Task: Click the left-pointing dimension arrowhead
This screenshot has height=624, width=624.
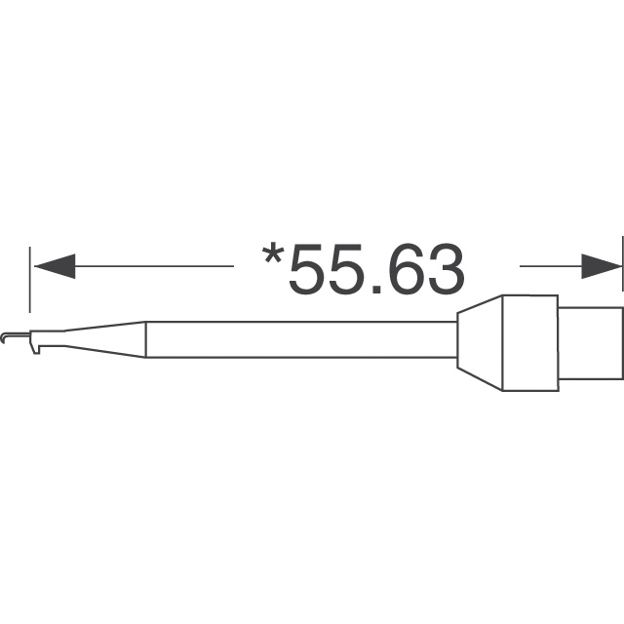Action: tap(53, 266)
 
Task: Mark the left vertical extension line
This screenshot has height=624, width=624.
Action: tap(32, 278)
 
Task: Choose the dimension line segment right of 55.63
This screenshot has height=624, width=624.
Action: tap(551, 266)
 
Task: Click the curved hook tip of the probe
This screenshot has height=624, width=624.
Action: tap(8, 338)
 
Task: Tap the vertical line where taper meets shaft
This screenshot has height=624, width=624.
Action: tap(146, 339)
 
